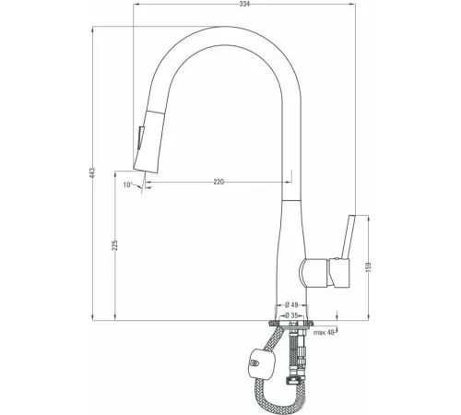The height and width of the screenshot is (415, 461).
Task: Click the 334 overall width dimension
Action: pos(244,4)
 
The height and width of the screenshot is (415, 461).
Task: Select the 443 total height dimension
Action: pos(93,172)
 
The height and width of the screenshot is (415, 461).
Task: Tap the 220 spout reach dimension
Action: pos(219,182)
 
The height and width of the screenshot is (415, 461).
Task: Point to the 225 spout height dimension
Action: pos(115,245)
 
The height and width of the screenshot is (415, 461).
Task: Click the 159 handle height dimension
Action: pos(369,267)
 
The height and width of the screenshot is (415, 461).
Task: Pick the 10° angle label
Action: pos(128,184)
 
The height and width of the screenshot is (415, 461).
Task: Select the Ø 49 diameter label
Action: pos(291,305)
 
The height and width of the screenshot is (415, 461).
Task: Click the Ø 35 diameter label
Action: pos(291,315)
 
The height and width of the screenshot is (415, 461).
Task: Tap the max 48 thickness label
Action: pos(324,332)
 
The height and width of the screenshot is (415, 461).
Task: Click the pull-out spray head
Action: pos(147,141)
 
